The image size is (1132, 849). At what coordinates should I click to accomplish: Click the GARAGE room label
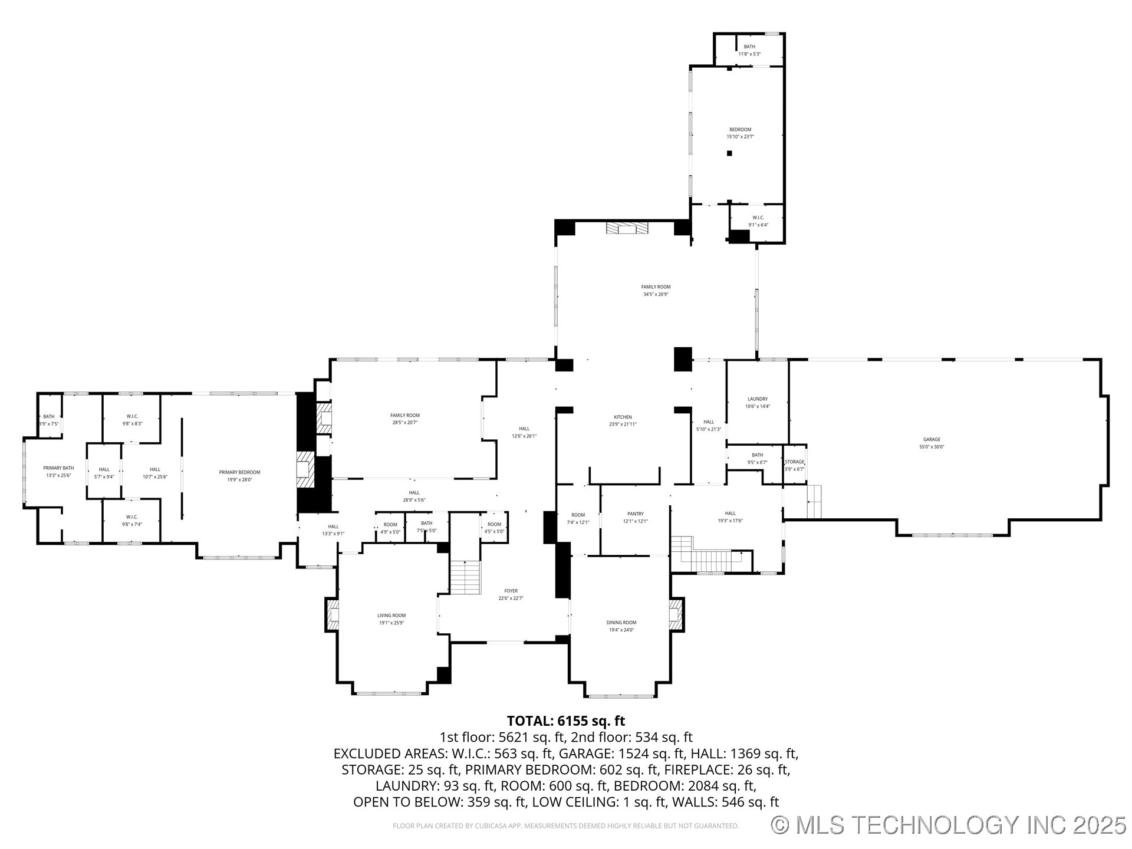click(932, 439)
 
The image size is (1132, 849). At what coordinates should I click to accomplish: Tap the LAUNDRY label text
click(758, 399)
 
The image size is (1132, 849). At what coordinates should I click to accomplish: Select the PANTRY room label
click(636, 514)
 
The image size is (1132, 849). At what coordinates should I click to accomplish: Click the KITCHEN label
click(623, 417)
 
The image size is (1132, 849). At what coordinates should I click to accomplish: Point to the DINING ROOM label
click(621, 623)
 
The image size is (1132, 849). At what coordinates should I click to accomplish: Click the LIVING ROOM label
click(391, 616)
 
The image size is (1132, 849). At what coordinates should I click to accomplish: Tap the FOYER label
click(511, 591)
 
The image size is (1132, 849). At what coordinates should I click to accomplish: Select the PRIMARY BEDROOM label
click(239, 472)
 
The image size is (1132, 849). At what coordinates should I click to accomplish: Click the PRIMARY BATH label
click(58, 468)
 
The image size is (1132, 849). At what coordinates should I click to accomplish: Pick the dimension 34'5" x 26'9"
click(656, 294)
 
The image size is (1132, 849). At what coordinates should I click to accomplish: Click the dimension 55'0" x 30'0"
click(932, 447)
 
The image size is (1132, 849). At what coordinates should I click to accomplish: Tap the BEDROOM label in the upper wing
click(740, 130)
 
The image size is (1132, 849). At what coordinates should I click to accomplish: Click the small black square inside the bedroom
click(729, 153)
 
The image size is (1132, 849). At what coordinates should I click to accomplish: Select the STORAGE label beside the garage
click(794, 462)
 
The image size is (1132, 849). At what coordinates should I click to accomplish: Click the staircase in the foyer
click(466, 578)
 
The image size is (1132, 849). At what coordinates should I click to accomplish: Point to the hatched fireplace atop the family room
click(627, 228)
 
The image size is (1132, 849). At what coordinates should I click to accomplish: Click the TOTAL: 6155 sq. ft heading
click(565, 720)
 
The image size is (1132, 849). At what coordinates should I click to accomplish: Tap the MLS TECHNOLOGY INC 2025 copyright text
click(949, 825)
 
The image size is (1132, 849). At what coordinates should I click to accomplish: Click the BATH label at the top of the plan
click(749, 47)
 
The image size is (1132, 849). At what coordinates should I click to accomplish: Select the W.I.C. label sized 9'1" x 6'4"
click(758, 218)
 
